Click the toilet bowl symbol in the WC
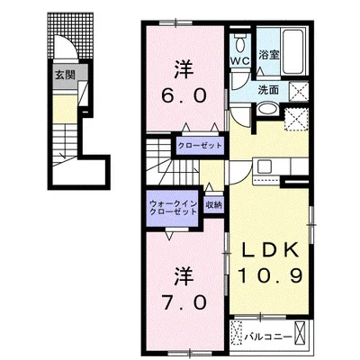241,42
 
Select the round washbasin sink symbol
268,109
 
